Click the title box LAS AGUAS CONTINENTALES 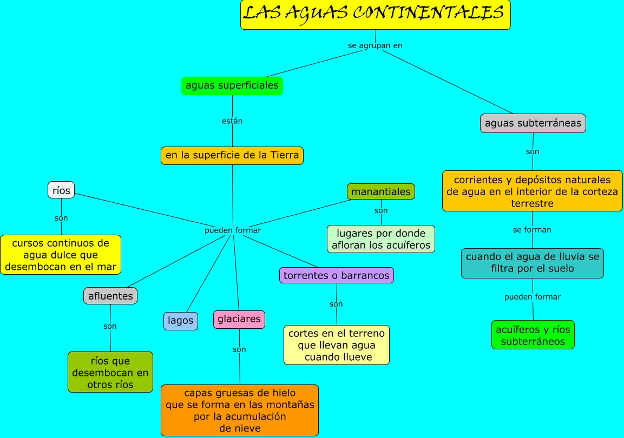point(375,15)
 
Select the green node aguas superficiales point(232,85)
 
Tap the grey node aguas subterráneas point(533,123)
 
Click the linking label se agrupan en point(375,45)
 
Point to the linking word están point(232,121)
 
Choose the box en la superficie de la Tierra point(232,156)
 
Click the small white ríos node point(61,190)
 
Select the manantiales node point(381,191)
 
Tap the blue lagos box point(181,321)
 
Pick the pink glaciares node point(239,319)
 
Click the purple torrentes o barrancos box point(337,275)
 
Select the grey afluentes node point(110,296)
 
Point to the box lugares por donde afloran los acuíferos point(381,239)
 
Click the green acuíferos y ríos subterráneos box point(533,335)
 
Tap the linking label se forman point(532,230)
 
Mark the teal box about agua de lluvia point(533,263)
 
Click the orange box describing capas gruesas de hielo point(240,410)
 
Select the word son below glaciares point(239,349)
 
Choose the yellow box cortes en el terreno point(337,345)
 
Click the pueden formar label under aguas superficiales point(233,230)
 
